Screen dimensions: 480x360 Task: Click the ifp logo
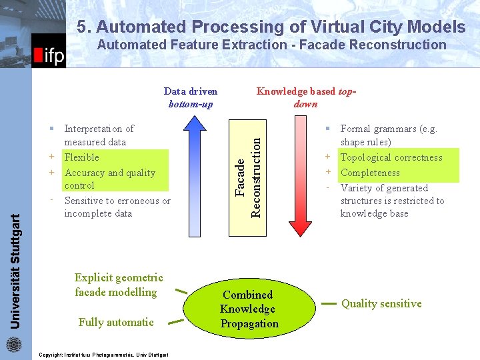point(49,53)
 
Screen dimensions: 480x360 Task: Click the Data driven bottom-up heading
point(191,97)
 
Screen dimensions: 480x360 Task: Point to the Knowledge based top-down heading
point(305,97)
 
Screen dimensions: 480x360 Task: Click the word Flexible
point(81,157)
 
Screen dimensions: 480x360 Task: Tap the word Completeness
point(370,173)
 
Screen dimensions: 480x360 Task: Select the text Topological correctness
point(391,157)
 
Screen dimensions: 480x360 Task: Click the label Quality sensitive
point(381,304)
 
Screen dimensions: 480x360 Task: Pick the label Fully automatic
point(116,322)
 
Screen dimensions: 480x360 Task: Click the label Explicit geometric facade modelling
point(119,285)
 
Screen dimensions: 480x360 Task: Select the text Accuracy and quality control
point(109,179)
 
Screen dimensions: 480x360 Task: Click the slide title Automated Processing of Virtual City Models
point(271,27)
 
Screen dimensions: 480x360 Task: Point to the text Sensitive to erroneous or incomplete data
point(117,207)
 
